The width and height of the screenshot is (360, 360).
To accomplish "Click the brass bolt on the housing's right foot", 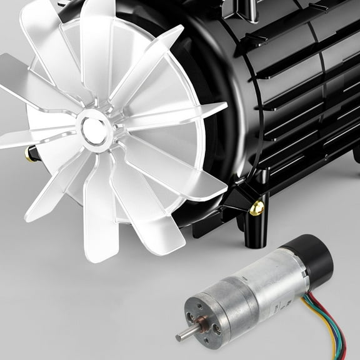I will pyautogui.click(x=256, y=209).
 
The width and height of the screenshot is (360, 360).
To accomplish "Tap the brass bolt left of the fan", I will pyautogui.click(x=29, y=152).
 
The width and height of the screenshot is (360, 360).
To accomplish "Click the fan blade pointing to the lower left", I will pyautogui.click(x=47, y=187).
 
